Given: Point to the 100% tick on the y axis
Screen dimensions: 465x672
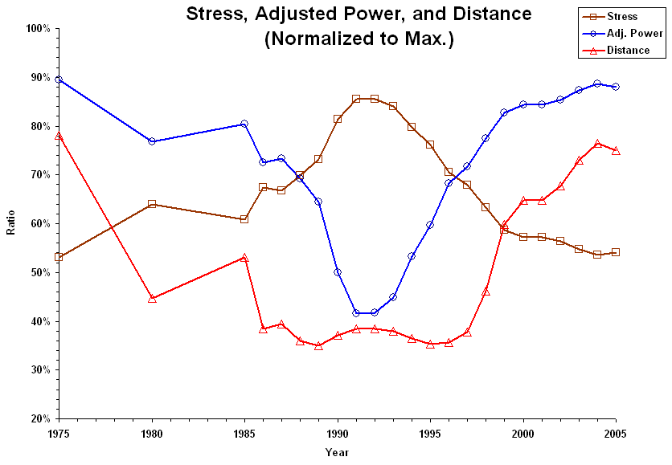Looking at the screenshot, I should [38, 28].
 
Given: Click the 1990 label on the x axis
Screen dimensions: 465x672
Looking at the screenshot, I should [338, 434].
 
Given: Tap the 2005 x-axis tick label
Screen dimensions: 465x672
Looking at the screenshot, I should [616, 434].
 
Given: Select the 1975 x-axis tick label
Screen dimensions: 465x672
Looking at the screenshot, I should [59, 434].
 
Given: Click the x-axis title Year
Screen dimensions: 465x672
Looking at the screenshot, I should [337, 452].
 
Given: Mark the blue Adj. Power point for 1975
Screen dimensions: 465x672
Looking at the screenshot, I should [59, 80].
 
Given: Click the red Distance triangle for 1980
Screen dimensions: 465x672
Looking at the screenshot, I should [152, 298].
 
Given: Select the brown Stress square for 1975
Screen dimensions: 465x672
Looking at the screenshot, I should [59, 257].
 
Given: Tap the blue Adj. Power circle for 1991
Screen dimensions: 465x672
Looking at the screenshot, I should [356, 312].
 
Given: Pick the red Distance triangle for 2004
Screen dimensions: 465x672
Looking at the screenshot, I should [597, 143].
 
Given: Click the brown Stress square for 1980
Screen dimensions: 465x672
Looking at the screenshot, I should [152, 204].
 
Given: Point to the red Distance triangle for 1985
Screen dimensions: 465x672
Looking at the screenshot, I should [244, 258].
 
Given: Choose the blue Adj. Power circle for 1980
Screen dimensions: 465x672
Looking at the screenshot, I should [152, 141].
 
